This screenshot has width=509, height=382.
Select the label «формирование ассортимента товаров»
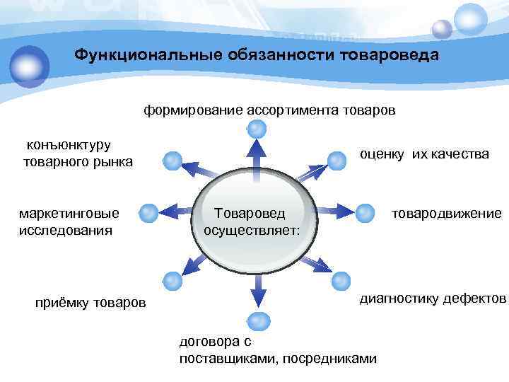[270, 110]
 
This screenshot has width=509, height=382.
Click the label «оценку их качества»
[424, 154]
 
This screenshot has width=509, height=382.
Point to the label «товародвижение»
[447, 213]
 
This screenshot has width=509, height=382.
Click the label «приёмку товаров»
[90, 303]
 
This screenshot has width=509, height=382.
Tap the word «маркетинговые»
[69, 213]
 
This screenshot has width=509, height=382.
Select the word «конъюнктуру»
[69, 145]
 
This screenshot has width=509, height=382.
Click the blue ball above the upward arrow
[257, 129]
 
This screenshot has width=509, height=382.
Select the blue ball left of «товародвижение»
[364, 212]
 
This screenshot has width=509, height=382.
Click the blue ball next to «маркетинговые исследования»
[148, 212]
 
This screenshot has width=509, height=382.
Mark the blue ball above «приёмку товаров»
[172, 281]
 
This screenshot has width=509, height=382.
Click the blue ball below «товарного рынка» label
[172, 160]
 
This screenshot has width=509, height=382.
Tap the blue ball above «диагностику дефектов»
[341, 280]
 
